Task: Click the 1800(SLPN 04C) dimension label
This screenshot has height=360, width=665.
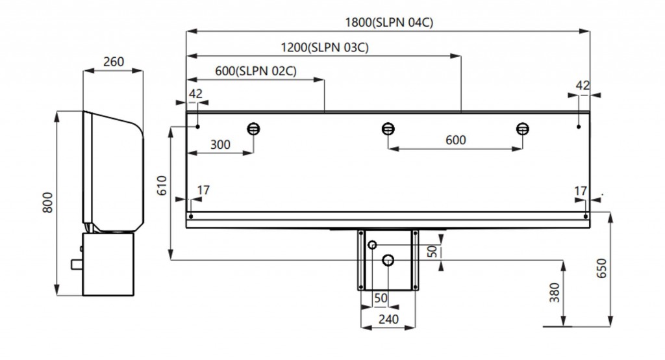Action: pos(389,22)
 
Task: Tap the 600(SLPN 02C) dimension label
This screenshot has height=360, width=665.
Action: pos(255,71)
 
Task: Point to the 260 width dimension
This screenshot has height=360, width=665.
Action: pos(113,62)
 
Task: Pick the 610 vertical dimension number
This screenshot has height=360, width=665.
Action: pos(162,187)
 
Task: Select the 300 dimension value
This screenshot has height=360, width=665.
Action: pos(220,144)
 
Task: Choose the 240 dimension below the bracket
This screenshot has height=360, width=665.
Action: pos(388,320)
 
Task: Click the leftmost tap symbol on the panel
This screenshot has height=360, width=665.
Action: pos(253,128)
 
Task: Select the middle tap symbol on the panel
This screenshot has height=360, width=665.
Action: pos(388,128)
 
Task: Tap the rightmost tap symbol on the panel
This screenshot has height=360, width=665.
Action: pos(522,128)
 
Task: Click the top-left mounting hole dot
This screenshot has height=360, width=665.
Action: pos(197,127)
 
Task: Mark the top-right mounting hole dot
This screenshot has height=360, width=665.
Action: pos(578,127)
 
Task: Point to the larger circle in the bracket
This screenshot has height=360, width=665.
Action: pos(388,260)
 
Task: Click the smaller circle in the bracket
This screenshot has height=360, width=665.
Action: pos(372,245)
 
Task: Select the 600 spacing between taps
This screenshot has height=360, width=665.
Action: pos(455,140)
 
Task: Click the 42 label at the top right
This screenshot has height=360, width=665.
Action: pos(583,85)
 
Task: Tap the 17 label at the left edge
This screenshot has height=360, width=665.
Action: pos(203,190)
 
